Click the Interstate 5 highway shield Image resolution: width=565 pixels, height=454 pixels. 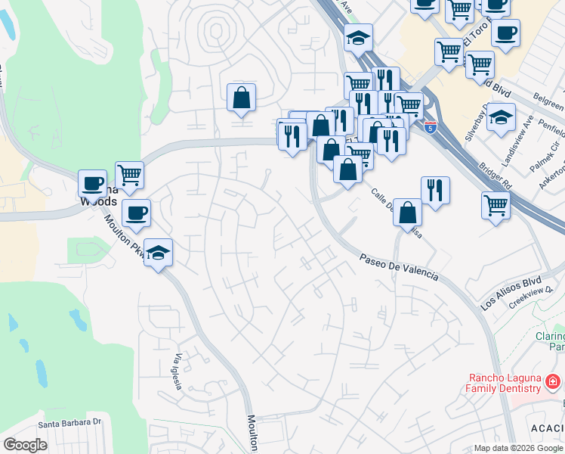(x=430, y=127)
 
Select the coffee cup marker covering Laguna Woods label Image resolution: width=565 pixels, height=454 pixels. (x=93, y=183)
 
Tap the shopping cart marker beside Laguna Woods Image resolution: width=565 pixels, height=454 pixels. (x=130, y=176)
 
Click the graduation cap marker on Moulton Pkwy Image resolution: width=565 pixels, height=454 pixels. (x=159, y=252)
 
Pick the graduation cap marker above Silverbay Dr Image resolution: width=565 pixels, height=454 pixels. (x=501, y=117)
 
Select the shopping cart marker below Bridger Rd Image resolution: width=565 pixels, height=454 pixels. (x=496, y=204)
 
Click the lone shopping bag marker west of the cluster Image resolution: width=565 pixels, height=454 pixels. (x=241, y=97)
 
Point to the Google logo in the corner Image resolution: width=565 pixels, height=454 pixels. (x=25, y=445)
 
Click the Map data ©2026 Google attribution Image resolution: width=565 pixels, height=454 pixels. (x=518, y=448)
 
